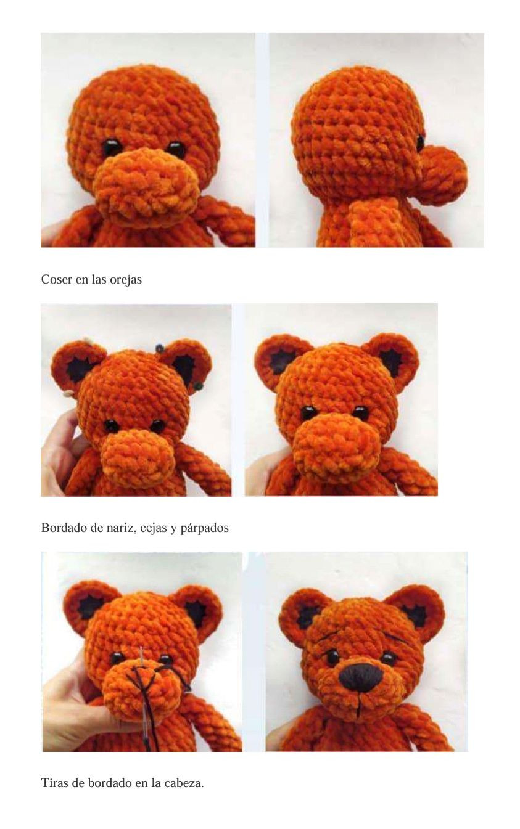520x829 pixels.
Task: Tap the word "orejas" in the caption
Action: click(x=126, y=280)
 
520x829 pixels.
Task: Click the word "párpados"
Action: click(x=204, y=528)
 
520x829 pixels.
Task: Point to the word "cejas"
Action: click(x=154, y=528)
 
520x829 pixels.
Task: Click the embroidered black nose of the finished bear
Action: click(x=360, y=677)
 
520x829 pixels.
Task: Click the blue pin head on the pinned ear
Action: click(x=159, y=349)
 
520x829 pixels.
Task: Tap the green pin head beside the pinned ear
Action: click(x=199, y=386)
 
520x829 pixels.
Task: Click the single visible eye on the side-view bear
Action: click(x=420, y=142)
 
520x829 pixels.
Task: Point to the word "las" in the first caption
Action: click(x=99, y=279)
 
